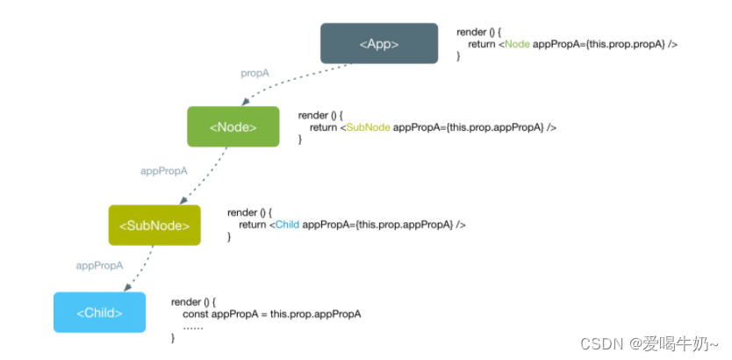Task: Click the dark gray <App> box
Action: [x=378, y=43]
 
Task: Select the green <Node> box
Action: [x=233, y=126]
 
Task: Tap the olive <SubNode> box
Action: [x=154, y=225]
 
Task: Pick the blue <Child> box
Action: [x=99, y=313]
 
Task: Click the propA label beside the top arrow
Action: [x=255, y=73]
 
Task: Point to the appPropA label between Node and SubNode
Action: [x=164, y=171]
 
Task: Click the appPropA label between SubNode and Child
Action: [x=99, y=264]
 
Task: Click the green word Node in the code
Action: [x=517, y=44]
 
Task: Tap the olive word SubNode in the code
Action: [x=369, y=127]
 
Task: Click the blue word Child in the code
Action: [x=286, y=225]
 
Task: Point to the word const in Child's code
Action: [x=196, y=313]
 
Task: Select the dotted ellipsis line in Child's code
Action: [x=192, y=326]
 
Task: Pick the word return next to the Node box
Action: [x=324, y=127]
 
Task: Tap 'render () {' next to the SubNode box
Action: [x=251, y=212]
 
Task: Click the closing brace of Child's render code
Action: [x=173, y=338]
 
